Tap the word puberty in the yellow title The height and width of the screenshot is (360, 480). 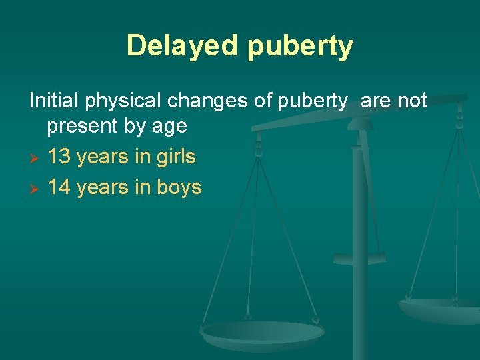point(300,47)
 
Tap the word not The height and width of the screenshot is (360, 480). point(412,101)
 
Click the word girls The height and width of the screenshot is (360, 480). point(175,157)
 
